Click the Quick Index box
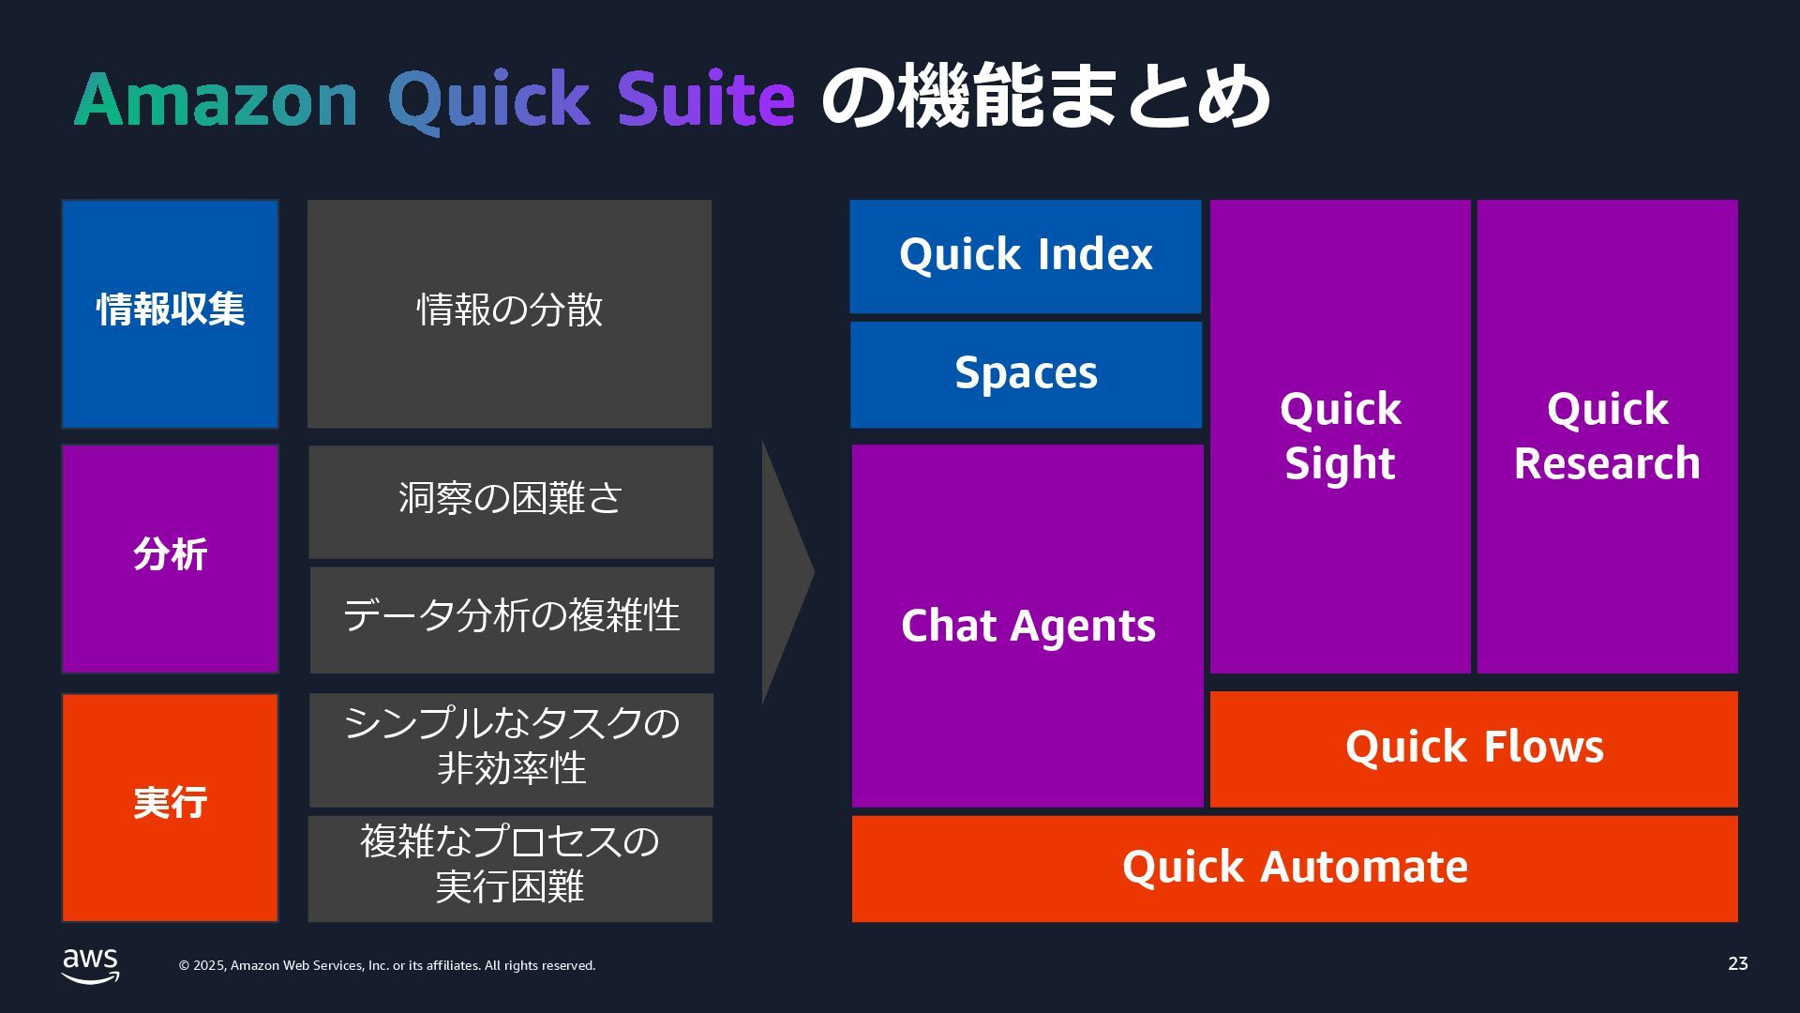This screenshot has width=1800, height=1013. click(x=1025, y=255)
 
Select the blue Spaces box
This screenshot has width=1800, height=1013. click(x=1026, y=374)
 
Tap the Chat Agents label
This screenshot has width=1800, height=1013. click(x=1027, y=626)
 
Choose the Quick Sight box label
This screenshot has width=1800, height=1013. click(x=1340, y=436)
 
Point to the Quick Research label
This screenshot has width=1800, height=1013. click(x=1607, y=436)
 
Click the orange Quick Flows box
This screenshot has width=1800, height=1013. click(x=1474, y=748)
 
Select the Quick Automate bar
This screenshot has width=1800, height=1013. click(x=1294, y=868)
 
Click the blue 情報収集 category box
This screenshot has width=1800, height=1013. click(x=170, y=313)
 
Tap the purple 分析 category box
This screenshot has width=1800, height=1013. click(x=170, y=558)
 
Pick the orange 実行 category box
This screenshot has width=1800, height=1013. click(x=170, y=807)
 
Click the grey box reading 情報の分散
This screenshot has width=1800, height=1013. click(x=509, y=313)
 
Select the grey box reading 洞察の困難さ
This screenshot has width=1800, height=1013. click(x=510, y=501)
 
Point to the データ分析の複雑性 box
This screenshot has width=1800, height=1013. click(x=511, y=619)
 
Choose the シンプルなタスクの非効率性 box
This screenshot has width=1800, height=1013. click(x=511, y=748)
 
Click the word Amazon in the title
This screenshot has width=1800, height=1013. click(x=216, y=99)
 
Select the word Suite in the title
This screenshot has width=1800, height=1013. click(x=705, y=99)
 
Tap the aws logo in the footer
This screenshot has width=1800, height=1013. click(x=90, y=965)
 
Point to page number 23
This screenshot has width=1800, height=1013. click(x=1737, y=963)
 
